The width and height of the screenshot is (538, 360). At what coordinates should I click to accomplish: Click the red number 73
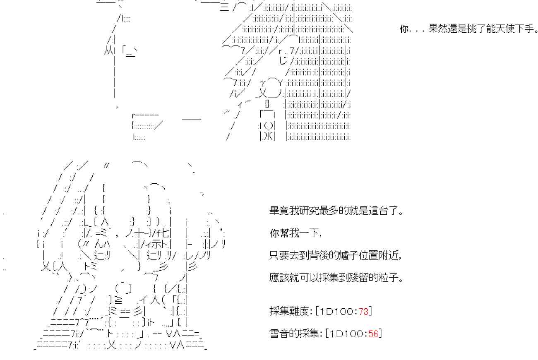[x=363, y=312]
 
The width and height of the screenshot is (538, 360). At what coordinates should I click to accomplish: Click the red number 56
[x=373, y=334]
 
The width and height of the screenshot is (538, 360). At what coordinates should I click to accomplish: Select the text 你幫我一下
[x=295, y=233]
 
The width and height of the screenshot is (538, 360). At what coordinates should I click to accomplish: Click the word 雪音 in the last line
[x=279, y=334]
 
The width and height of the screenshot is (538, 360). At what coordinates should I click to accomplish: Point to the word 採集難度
[x=289, y=312]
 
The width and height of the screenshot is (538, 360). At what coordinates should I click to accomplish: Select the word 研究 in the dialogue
[x=308, y=211]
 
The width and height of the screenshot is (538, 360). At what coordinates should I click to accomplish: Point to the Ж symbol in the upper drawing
[x=268, y=137]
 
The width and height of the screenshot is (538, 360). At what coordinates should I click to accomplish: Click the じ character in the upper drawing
[x=283, y=60]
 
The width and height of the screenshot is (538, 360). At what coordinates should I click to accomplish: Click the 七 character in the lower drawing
[x=165, y=233]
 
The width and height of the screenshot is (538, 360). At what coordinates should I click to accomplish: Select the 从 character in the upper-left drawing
[x=108, y=50]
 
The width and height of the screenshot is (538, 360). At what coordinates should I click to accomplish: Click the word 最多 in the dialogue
[x=328, y=211]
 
